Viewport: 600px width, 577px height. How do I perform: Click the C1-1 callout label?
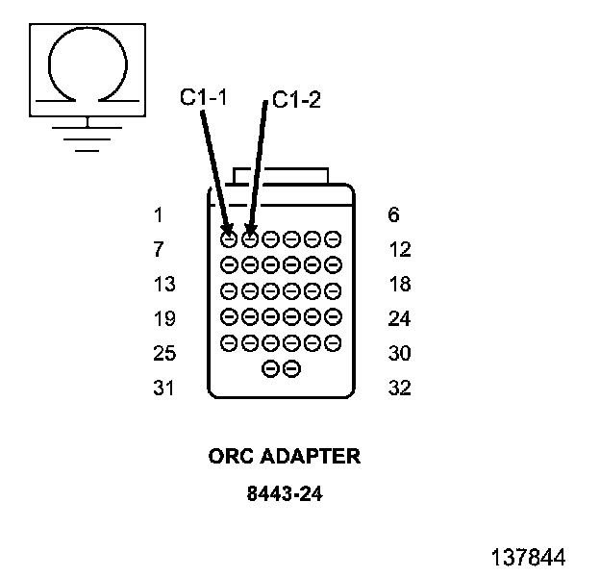click(x=203, y=98)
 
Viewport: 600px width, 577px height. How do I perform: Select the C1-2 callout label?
click(x=296, y=100)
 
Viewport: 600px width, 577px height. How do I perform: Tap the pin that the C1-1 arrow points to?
click(x=229, y=237)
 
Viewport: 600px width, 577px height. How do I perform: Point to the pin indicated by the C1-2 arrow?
click(x=249, y=237)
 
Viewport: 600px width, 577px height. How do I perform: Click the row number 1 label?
click(x=158, y=215)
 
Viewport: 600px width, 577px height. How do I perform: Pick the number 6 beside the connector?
click(x=394, y=215)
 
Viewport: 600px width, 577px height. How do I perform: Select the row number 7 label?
click(x=158, y=250)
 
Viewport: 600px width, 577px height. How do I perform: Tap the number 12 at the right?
click(x=399, y=250)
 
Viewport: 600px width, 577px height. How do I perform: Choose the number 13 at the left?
click(x=163, y=285)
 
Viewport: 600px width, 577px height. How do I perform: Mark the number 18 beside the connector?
click(x=399, y=285)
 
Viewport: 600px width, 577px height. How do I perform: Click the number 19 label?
click(x=163, y=319)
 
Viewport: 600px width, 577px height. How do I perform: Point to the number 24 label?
click(x=399, y=319)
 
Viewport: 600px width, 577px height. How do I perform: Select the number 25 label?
click(x=163, y=354)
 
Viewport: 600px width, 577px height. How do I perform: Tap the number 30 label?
click(x=399, y=354)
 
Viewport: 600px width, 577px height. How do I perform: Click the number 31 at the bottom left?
click(x=163, y=389)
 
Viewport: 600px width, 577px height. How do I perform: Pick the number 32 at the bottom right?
click(x=399, y=389)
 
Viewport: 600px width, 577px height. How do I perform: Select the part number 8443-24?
click(x=284, y=495)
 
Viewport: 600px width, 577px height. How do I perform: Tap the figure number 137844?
click(x=528, y=557)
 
